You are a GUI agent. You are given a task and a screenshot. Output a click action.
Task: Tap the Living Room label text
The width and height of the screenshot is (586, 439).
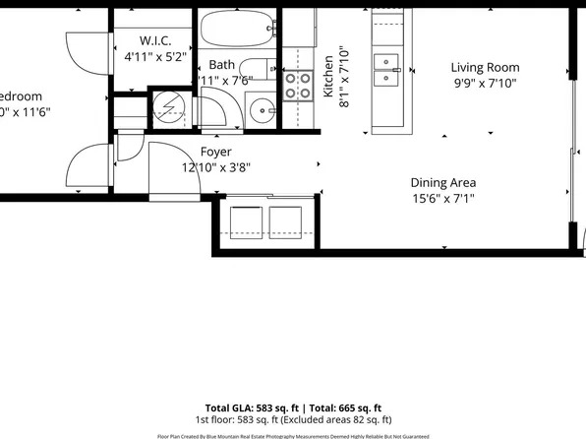[485, 68]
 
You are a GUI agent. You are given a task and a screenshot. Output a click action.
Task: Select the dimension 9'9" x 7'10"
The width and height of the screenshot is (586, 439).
[485, 84]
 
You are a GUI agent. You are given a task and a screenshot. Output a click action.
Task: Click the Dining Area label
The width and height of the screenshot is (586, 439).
[443, 182]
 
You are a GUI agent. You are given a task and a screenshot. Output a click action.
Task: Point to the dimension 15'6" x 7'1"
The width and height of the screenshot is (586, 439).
[443, 198]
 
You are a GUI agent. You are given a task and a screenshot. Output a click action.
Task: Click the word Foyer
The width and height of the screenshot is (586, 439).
[215, 152]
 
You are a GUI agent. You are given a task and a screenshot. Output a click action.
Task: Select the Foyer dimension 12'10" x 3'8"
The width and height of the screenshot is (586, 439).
[215, 167]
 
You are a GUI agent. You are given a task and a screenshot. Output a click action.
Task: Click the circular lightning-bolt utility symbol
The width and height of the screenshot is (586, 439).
[168, 105]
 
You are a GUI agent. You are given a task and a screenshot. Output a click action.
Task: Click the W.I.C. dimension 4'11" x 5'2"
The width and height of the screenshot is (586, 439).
[155, 57]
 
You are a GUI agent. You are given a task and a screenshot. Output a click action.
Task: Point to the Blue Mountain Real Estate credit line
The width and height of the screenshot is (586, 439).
[293, 435]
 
